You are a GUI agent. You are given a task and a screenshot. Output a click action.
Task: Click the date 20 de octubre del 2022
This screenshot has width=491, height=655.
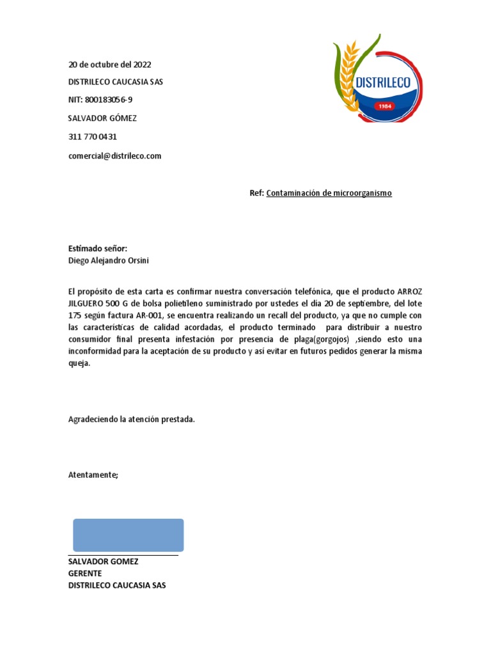click(x=109, y=65)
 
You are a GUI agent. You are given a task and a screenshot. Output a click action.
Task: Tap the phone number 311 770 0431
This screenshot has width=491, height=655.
click(x=92, y=137)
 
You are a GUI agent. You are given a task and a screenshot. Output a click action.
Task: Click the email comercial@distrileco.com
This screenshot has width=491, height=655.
click(x=114, y=155)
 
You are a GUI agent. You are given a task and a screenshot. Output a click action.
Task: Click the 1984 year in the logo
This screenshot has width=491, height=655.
click(x=385, y=106)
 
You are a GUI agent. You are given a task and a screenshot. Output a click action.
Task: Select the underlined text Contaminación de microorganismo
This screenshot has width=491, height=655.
click(x=329, y=193)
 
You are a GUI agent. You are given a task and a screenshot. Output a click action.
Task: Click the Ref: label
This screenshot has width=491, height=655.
click(x=256, y=193)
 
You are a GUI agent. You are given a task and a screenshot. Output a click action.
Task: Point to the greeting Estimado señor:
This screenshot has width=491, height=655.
click(x=97, y=248)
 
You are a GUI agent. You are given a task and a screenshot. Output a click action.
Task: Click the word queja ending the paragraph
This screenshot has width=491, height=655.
click(x=79, y=363)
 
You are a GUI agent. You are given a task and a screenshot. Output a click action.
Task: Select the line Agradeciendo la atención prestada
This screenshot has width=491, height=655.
click(x=131, y=419)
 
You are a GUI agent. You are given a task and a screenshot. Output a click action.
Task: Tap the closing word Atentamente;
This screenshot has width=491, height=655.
click(x=93, y=475)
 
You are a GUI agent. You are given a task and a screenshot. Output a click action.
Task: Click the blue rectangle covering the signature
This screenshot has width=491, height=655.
click(x=129, y=535)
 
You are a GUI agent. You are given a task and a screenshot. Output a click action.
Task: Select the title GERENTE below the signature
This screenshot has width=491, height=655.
click(x=85, y=573)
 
